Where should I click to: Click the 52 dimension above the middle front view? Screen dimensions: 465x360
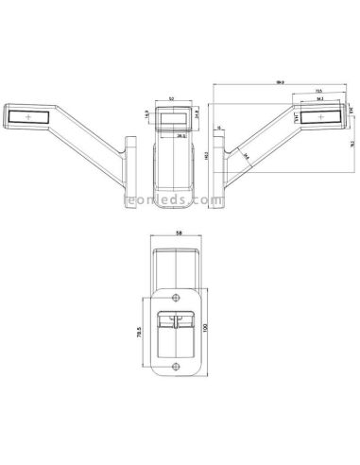pyautogui.click(x=171, y=99)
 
